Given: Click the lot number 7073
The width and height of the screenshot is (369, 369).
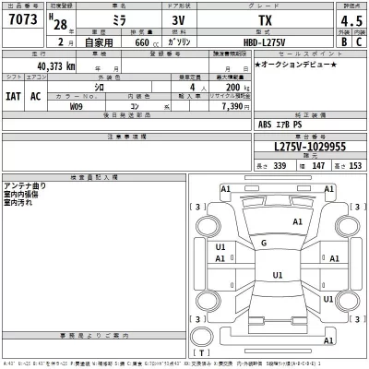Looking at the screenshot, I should click(x=22, y=20).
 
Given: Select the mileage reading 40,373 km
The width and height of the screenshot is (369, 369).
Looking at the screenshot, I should click(x=56, y=66).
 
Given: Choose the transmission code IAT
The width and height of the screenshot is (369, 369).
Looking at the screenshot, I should click(x=15, y=96).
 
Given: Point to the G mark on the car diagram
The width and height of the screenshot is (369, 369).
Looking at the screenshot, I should click(x=264, y=243).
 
